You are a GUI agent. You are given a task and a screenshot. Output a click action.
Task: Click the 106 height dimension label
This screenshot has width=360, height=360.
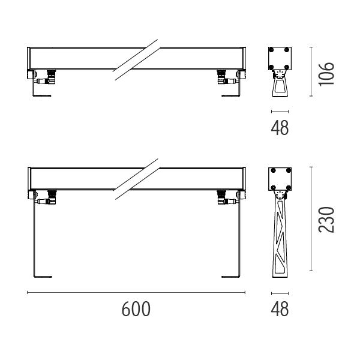(326, 74)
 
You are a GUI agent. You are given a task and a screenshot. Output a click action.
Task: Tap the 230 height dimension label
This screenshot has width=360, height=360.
(326, 220)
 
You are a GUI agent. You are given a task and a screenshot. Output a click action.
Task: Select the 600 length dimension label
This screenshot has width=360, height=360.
(136, 309)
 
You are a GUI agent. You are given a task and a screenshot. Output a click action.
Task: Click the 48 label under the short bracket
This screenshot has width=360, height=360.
(280, 128)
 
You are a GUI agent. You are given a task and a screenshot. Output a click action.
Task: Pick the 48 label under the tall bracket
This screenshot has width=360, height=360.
(280, 309)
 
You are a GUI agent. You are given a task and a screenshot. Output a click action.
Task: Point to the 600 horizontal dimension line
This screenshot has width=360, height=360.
(136, 293)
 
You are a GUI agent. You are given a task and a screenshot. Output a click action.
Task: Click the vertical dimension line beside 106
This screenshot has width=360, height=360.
(311, 71)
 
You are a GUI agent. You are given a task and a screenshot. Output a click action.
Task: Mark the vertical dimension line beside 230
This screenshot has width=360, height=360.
(311, 219)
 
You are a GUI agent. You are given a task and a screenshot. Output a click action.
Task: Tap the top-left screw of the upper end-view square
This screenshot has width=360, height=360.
(271, 50)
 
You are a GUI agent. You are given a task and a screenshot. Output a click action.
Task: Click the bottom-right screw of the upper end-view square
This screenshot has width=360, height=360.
(287, 67)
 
